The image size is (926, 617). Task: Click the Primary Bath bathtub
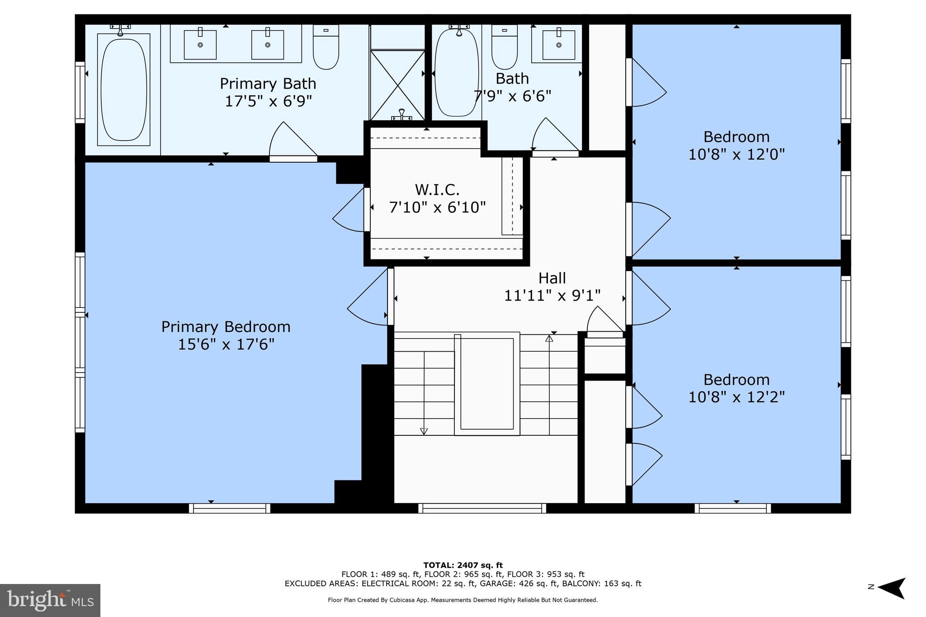(123, 89)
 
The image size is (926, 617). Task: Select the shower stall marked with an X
(397, 84)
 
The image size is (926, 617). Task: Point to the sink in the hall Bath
(559, 44)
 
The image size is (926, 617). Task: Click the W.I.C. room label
(437, 189)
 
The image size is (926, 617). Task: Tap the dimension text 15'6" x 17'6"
(226, 344)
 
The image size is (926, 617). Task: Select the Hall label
(552, 278)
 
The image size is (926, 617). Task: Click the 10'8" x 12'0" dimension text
(736, 155)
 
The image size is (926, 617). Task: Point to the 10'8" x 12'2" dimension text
(736, 397)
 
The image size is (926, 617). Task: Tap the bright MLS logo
(50, 600)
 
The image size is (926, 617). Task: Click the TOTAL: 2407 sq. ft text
(463, 565)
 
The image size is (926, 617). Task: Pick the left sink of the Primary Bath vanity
(200, 44)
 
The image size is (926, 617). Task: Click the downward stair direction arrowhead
(424, 432)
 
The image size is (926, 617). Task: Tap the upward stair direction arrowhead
(549, 338)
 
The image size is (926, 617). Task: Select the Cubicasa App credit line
(463, 600)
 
